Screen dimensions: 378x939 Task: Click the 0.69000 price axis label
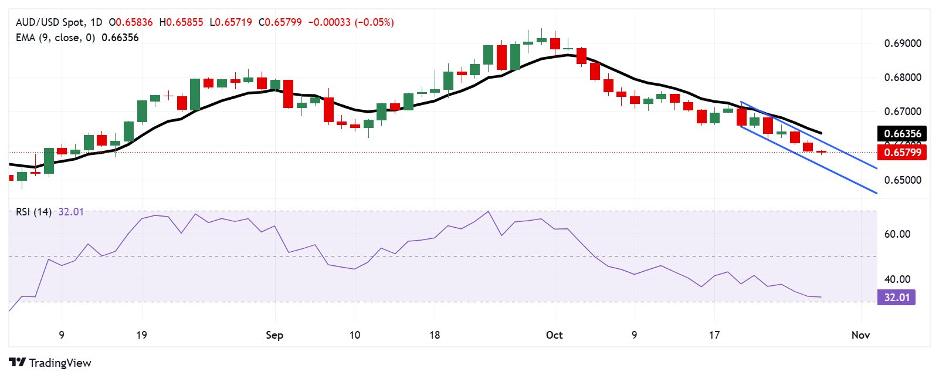[903, 43]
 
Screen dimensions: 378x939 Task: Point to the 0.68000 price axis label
[903, 77]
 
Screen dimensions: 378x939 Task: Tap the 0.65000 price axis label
[903, 180]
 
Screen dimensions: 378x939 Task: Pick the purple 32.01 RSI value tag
[897, 298]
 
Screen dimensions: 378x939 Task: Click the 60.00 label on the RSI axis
[897, 234]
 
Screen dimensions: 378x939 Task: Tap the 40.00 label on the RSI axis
[897, 279]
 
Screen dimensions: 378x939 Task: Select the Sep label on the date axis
[274, 335]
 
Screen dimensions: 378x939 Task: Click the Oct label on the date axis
[554, 335]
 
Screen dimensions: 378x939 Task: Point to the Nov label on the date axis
[860, 335]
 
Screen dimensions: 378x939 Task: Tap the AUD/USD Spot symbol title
[50, 22]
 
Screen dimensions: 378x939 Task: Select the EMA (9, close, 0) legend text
[55, 38]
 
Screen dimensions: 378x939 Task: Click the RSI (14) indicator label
[33, 212]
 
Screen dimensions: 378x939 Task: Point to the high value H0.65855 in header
[181, 22]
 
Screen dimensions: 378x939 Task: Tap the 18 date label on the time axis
[434, 335]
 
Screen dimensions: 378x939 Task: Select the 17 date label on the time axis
[714, 335]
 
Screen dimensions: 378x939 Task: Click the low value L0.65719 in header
[230, 22]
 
